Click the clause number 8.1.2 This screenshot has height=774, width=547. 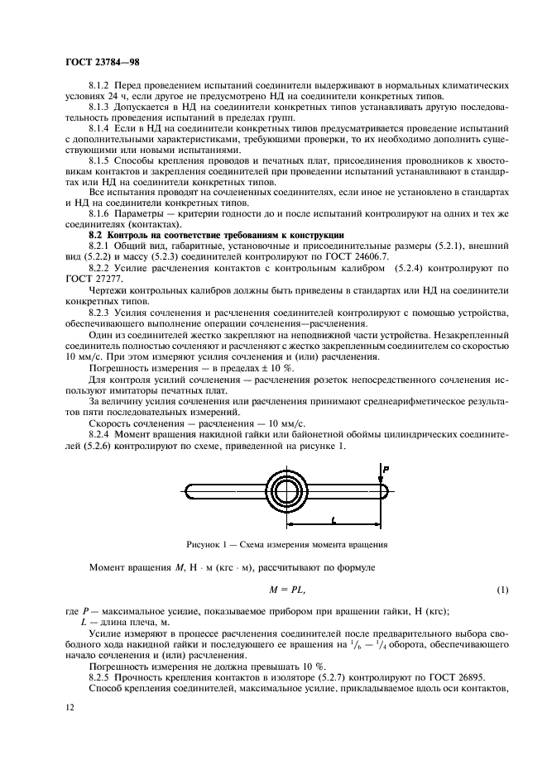(x=100, y=86)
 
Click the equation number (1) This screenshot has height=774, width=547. (x=501, y=588)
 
